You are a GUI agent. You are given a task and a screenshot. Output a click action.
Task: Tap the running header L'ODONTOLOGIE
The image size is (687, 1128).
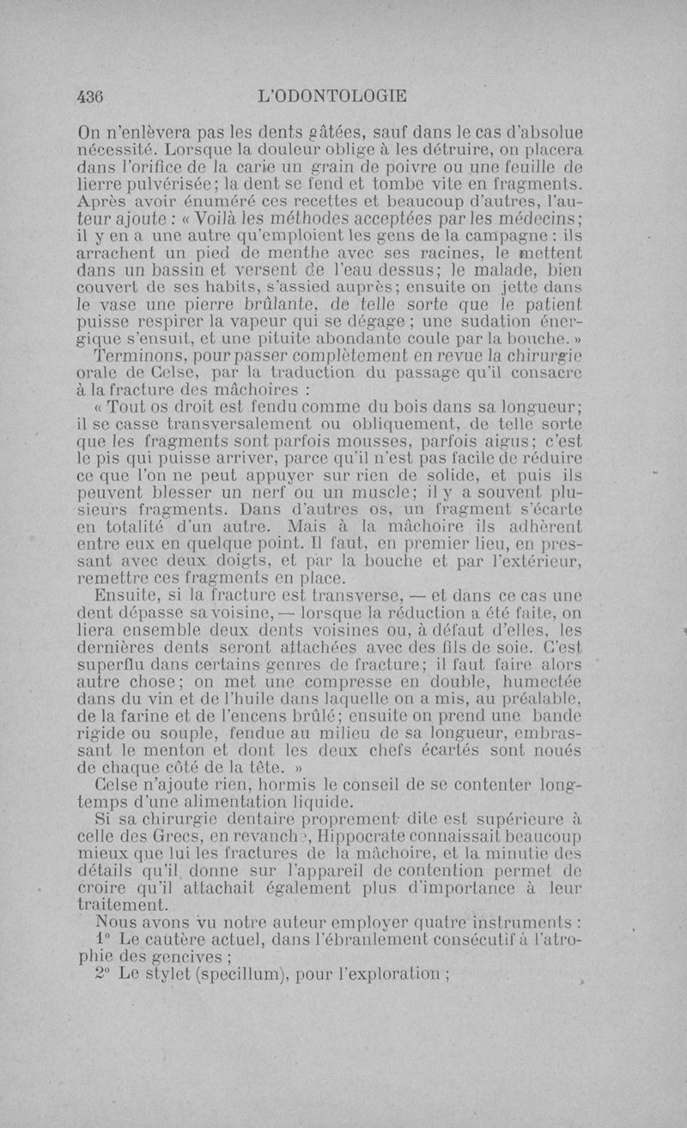[331, 96]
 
